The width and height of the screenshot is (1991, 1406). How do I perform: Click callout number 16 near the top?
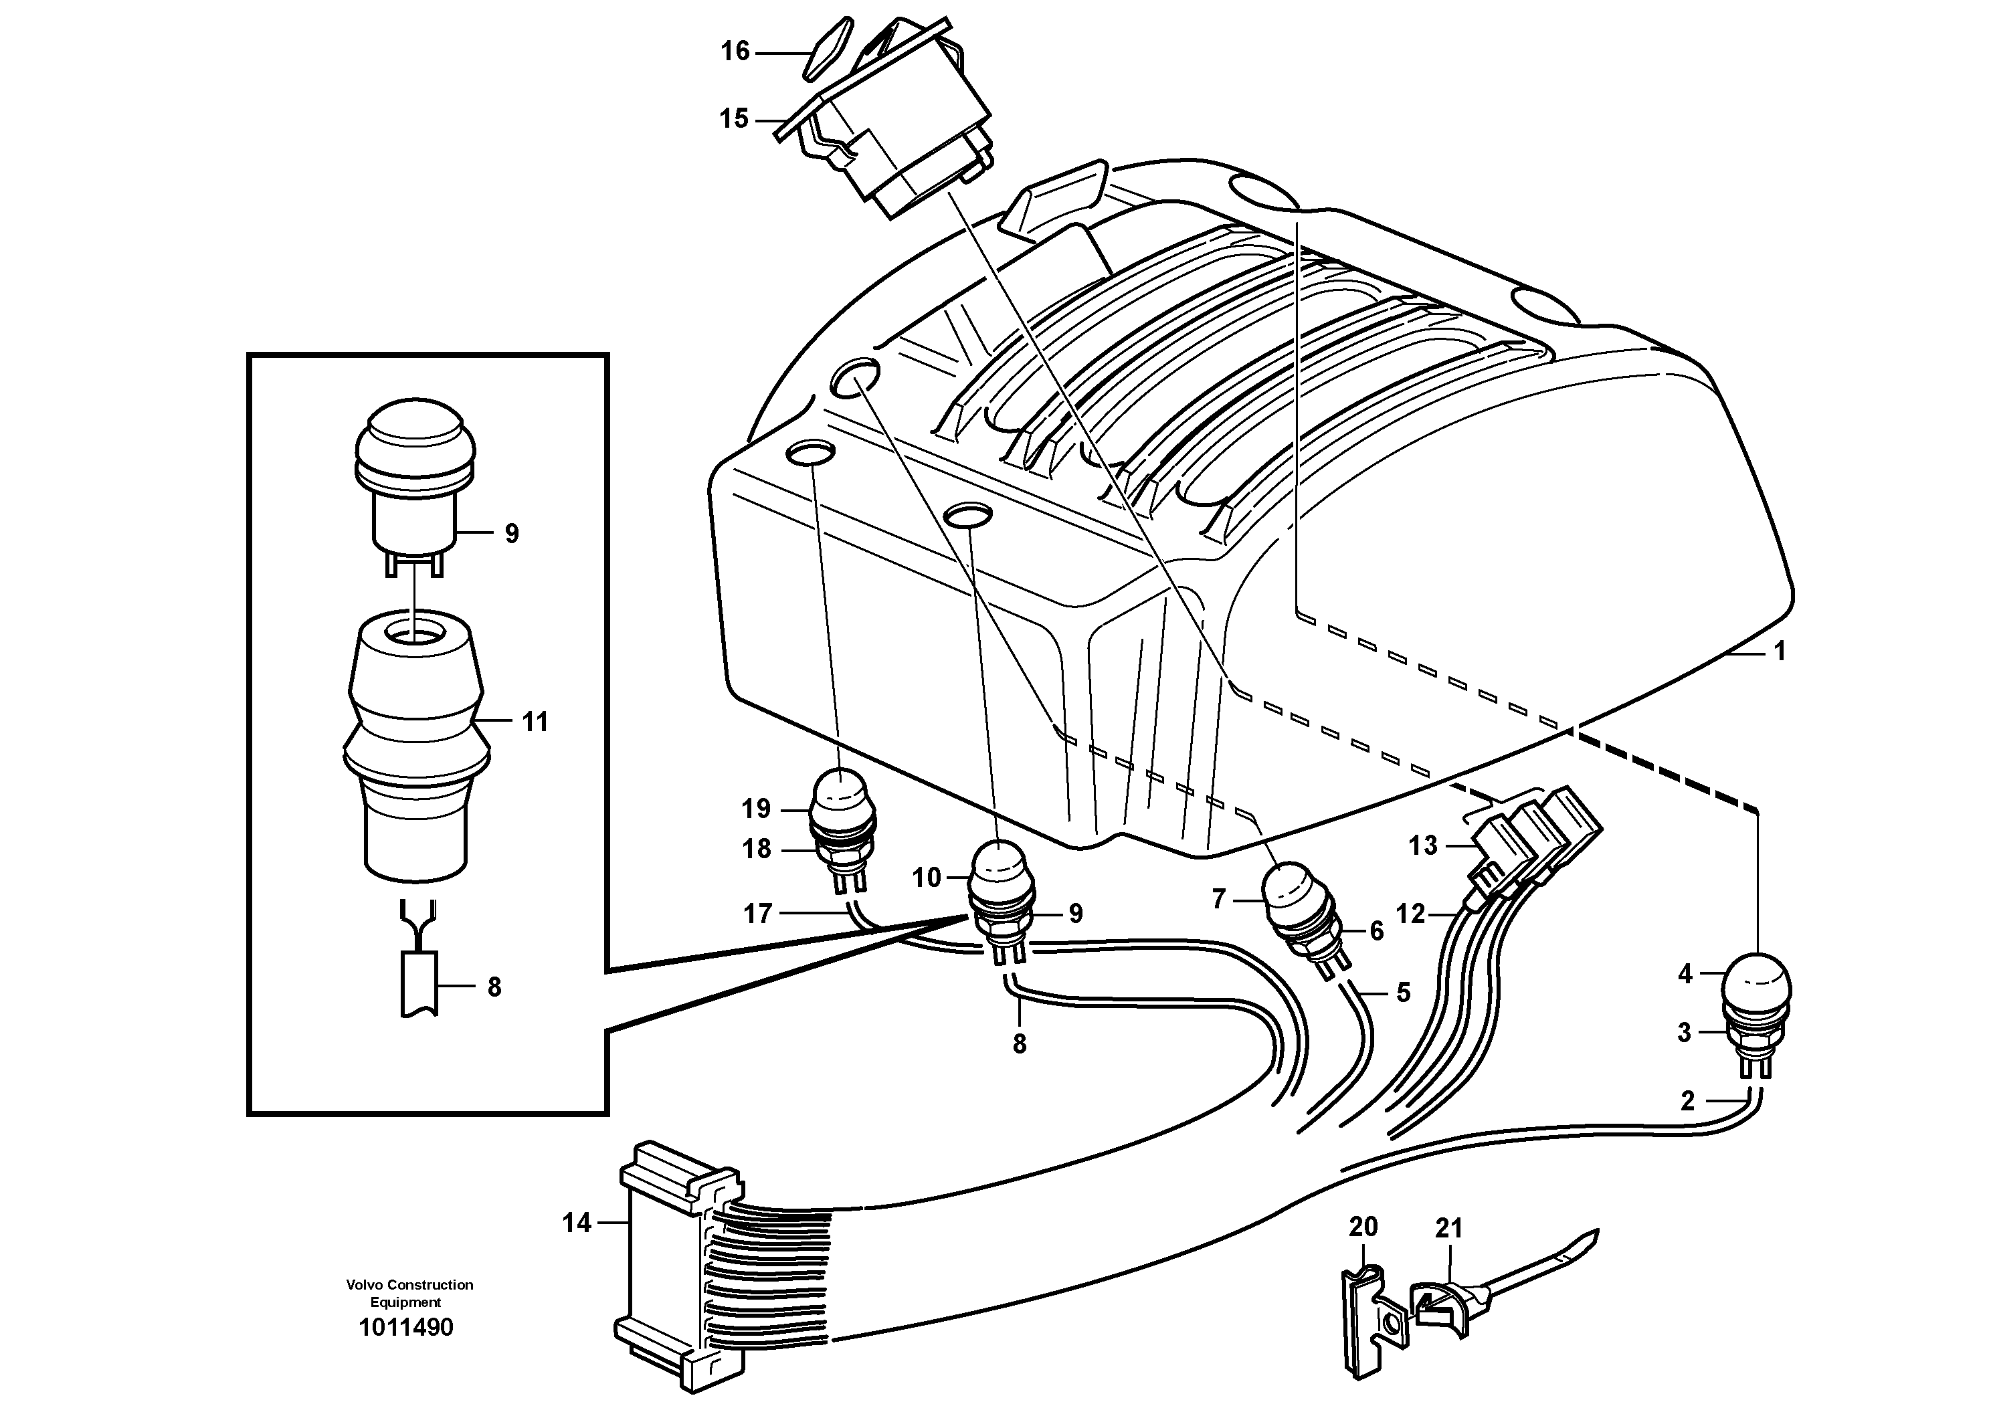pyautogui.click(x=735, y=52)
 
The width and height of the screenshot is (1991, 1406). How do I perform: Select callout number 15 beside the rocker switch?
pyautogui.click(x=734, y=119)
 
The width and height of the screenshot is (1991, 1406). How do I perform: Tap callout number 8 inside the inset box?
pyautogui.click(x=494, y=987)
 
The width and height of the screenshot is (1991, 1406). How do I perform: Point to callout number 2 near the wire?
pyautogui.click(x=1687, y=1101)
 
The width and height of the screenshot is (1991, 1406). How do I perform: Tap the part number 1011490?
pyautogui.click(x=406, y=1328)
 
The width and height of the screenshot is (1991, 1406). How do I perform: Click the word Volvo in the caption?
pyautogui.click(x=363, y=1285)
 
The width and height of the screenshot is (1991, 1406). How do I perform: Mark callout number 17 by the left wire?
pyautogui.click(x=758, y=914)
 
